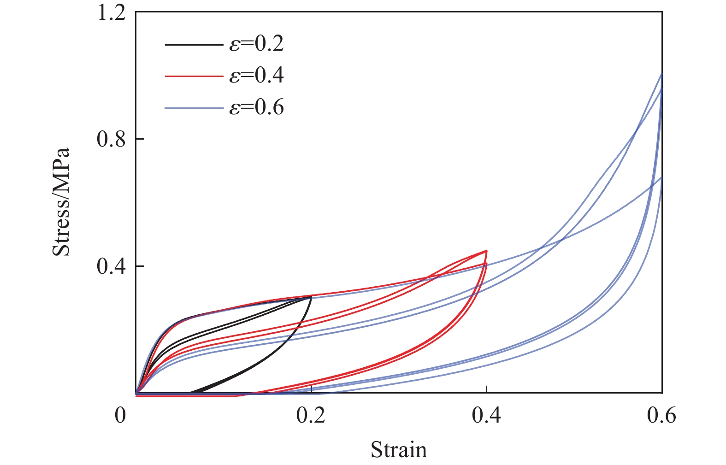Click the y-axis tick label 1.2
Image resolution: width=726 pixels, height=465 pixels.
(112, 12)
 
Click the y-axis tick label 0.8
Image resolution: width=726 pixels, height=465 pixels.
(112, 139)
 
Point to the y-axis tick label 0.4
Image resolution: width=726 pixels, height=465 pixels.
(112, 266)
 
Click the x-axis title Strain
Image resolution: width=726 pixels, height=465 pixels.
(399, 449)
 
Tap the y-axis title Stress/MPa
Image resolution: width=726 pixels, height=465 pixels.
(61, 202)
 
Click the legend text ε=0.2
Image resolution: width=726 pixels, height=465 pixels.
(257, 44)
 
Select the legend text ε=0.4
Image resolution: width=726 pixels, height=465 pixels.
(257, 76)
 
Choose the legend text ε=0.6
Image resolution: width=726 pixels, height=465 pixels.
(257, 108)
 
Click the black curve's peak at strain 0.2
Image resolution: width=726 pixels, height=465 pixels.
(311, 297)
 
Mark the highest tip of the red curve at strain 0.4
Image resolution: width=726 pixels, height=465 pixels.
(486, 251)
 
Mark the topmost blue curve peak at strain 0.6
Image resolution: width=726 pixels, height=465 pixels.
(661, 74)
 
